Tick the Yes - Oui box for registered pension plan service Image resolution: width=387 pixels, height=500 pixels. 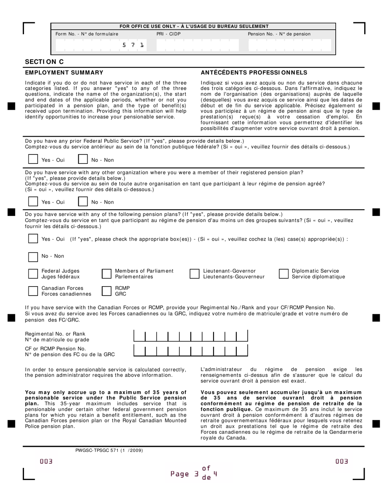coord(33,201)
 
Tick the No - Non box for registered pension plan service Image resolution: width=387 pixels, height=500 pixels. coord(83,201)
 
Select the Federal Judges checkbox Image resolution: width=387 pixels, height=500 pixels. coord(33,274)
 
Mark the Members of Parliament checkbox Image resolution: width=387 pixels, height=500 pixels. coord(106,274)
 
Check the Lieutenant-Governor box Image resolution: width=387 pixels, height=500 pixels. coord(194,274)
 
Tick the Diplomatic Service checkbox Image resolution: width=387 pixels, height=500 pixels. coord(284,274)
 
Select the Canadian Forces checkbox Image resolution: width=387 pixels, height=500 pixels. coord(33,291)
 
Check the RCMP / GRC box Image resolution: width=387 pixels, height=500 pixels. coord(106,291)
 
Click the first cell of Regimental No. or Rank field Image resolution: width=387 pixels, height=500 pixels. coord(139,336)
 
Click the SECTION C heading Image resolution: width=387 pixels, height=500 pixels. coord(44,62)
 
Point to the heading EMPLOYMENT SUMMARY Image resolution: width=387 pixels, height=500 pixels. coord(64,73)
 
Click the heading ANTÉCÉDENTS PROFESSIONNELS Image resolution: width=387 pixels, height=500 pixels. coord(254,73)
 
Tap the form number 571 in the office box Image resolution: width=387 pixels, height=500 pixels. coord(133,45)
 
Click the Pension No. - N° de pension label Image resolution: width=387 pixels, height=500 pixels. coord(279,34)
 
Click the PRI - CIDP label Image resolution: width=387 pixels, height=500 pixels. coord(168,34)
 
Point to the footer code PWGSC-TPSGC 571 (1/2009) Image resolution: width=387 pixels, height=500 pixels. coord(109,450)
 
